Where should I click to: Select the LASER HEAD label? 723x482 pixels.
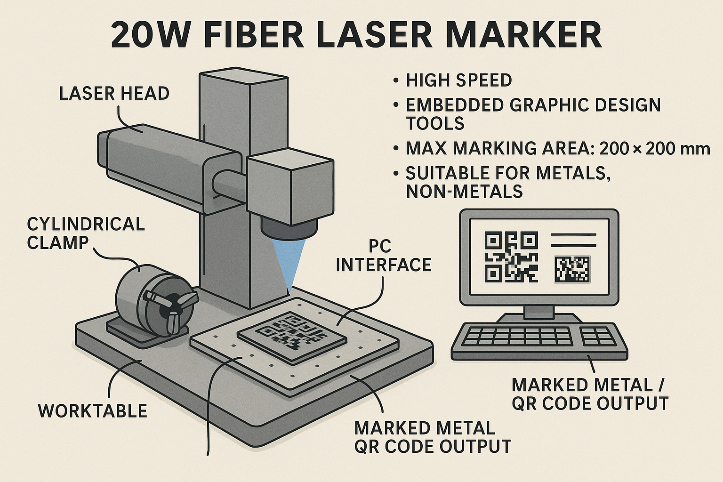(x=114, y=94)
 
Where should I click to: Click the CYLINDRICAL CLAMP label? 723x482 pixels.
(x=86, y=233)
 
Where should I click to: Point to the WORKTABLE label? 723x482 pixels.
(x=93, y=410)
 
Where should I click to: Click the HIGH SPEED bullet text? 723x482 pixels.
(x=458, y=80)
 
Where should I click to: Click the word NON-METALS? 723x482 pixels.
(x=464, y=192)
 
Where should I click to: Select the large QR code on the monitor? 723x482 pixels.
(x=511, y=257)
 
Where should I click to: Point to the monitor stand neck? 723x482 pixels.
(x=539, y=311)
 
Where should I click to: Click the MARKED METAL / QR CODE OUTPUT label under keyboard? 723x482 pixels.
(x=590, y=394)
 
